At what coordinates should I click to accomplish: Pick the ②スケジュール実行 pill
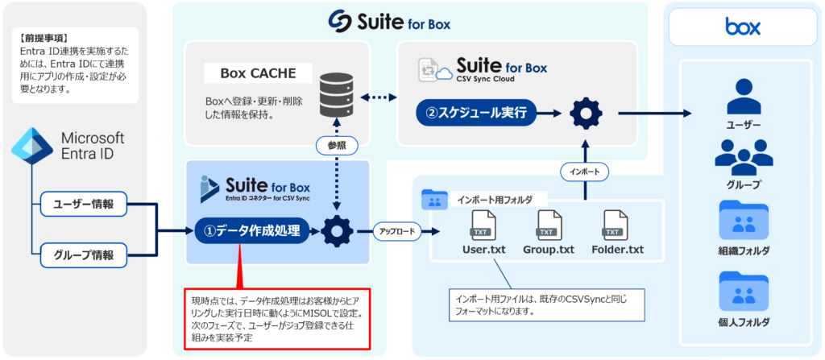476,113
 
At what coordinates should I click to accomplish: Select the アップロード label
396,232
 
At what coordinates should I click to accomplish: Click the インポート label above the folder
584,172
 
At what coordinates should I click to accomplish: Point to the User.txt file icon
483,223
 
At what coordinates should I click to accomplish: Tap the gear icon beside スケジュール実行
586,113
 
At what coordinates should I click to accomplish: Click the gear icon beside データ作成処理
336,232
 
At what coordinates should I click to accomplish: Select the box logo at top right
742,28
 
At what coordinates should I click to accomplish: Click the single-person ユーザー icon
743,97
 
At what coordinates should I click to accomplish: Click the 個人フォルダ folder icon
743,291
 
